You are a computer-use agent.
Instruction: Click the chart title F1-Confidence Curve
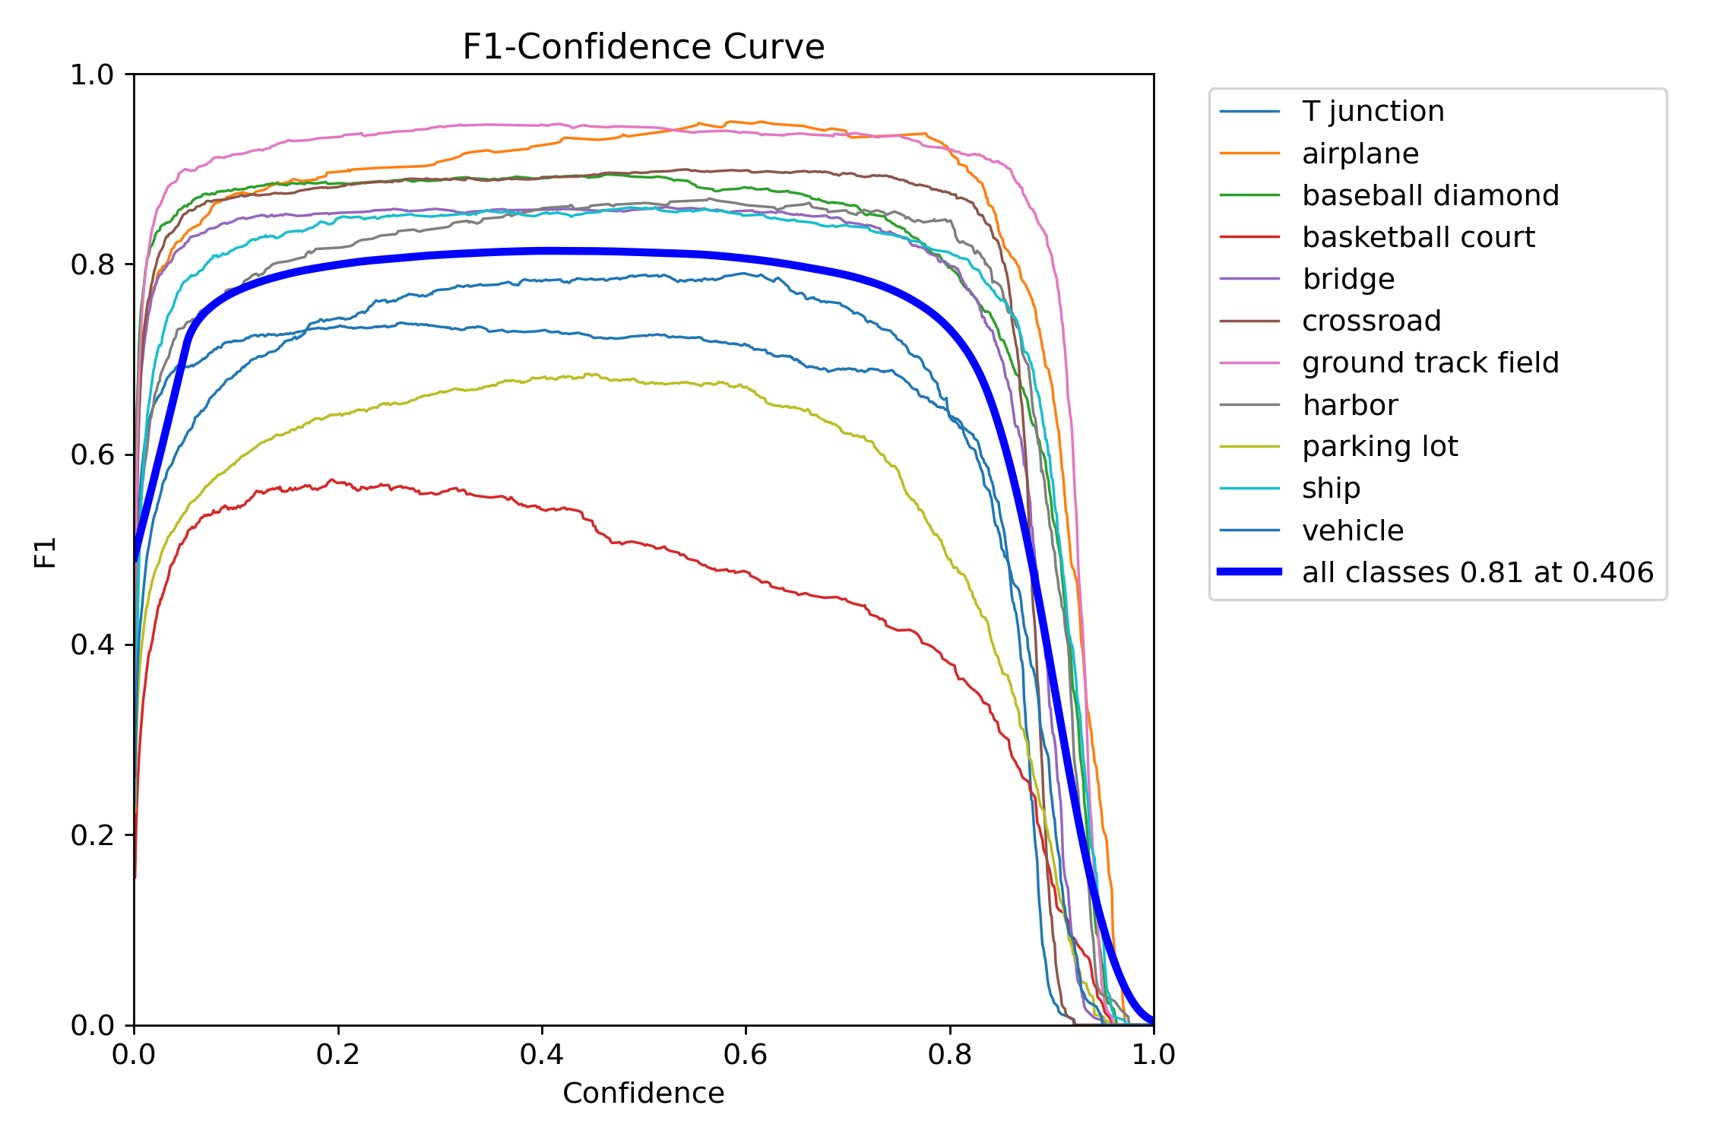[x=643, y=47]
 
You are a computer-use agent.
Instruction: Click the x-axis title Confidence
[x=643, y=1093]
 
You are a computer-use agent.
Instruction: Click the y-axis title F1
[x=46, y=553]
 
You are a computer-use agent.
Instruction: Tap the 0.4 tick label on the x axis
[x=541, y=1054]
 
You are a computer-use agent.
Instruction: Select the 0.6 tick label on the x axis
[x=745, y=1054]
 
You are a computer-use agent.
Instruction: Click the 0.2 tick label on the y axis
[x=91, y=835]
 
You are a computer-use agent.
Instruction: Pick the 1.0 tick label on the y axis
[x=91, y=74]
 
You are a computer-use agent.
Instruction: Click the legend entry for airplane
[x=1360, y=154]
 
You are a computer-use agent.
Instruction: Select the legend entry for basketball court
[x=1417, y=237]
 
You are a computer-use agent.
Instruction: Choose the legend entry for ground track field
[x=1430, y=363]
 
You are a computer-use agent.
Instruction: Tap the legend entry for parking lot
[x=1379, y=446]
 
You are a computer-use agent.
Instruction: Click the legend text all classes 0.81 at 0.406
[x=1477, y=572]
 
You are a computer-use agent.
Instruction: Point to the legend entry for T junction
[x=1373, y=112]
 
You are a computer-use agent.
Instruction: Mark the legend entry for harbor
[x=1350, y=404]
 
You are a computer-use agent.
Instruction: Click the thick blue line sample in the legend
[x=1249, y=572]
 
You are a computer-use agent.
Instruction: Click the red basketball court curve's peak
[x=332, y=480]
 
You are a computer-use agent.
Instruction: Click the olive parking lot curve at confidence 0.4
[x=541, y=377]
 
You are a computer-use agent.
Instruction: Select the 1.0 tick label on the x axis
[x=1153, y=1054]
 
